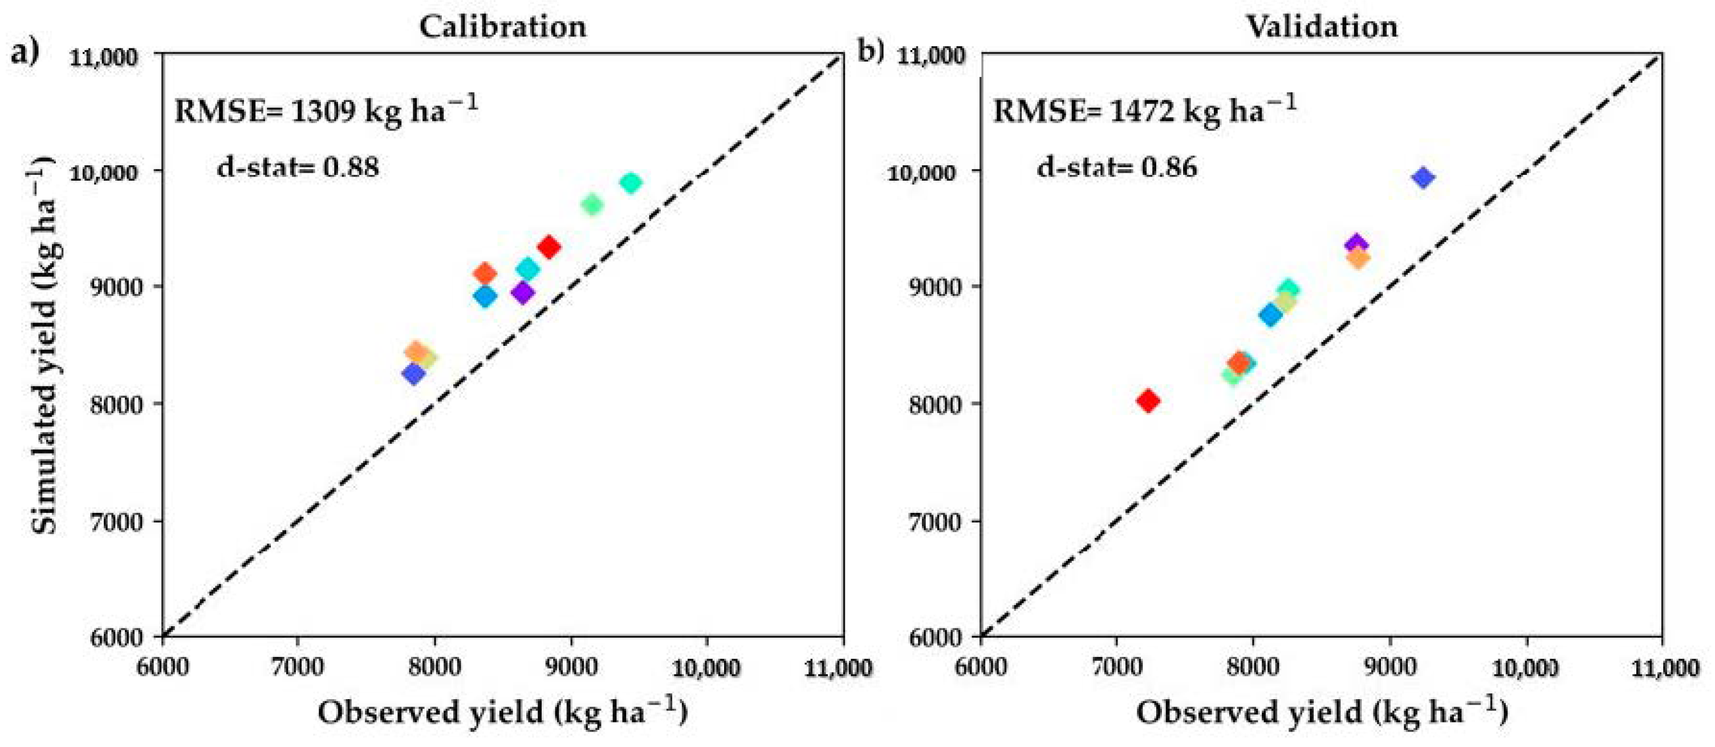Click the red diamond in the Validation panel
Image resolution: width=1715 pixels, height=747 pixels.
point(1148,401)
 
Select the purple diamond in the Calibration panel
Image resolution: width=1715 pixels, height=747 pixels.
point(523,292)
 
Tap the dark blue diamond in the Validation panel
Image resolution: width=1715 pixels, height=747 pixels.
point(1423,178)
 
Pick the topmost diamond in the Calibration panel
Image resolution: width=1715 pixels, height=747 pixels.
point(630,182)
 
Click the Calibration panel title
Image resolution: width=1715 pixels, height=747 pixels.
point(503,27)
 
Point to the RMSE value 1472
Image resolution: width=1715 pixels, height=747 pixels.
point(1142,111)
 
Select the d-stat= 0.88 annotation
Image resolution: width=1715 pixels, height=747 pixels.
point(298,166)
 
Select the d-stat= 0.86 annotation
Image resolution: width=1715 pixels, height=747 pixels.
point(1116,166)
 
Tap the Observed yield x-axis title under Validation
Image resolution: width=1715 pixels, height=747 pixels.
point(1321,712)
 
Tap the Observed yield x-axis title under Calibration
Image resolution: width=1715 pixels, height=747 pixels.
point(503,712)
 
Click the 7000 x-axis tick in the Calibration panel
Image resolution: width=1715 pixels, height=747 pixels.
point(297,667)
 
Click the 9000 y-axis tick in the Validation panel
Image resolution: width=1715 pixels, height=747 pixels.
point(936,287)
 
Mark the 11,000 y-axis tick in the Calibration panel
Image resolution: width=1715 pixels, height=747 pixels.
point(104,57)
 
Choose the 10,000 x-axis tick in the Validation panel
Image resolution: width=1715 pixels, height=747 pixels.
point(1525,667)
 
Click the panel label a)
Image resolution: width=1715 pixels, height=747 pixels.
point(24,51)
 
